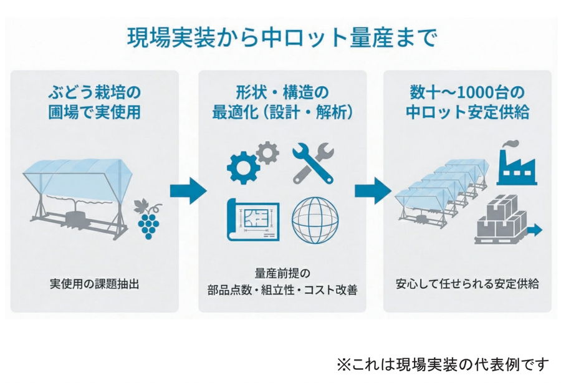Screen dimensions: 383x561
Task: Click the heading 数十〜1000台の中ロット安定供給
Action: click(467, 102)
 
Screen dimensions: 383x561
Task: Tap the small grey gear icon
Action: click(267, 152)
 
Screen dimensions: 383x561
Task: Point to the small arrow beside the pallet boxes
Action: click(534, 231)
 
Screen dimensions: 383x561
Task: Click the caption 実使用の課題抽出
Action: click(93, 284)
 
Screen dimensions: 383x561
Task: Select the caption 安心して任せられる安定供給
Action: click(467, 284)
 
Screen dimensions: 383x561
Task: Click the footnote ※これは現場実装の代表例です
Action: click(443, 364)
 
